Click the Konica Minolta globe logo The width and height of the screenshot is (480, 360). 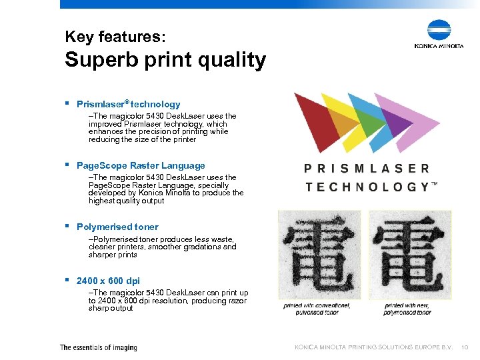439,31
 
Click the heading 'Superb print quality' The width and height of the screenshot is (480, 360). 165,60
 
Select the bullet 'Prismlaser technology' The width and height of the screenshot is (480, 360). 128,104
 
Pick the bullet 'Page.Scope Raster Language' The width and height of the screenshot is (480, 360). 141,165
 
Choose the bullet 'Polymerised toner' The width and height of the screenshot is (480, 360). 117,227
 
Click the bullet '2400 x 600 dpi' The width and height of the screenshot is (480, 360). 108,281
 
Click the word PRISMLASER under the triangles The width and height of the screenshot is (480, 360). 367,169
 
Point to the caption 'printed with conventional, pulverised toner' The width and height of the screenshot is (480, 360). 311,309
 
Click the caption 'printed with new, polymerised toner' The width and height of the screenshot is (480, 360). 408,309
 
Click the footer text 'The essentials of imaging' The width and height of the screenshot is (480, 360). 98,347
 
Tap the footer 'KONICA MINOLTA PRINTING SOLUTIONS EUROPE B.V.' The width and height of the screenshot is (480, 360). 374,347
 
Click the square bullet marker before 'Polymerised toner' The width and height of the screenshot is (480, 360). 68,226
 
